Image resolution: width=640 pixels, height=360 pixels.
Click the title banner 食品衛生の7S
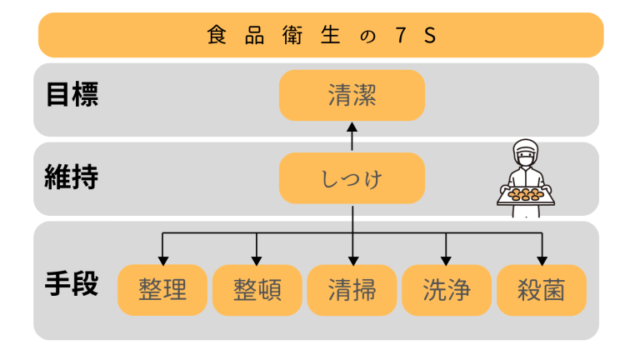320,35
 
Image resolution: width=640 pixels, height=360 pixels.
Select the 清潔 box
352,96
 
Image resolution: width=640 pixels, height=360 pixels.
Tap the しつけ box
352,178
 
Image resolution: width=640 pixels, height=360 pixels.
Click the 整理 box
162,290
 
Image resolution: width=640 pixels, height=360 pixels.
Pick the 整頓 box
257,290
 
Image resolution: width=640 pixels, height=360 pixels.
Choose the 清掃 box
352,290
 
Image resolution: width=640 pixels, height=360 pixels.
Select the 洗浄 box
447,290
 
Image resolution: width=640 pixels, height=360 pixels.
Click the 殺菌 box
542,290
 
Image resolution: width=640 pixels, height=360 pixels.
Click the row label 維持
72,177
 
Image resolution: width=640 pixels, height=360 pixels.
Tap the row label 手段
72,284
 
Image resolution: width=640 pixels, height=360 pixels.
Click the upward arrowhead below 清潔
352,127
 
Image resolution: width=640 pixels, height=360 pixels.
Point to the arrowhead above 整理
162,259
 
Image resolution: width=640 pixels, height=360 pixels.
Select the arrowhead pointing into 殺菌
542,259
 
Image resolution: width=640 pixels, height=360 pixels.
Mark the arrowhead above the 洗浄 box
447,259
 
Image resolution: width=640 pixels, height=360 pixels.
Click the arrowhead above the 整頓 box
257,259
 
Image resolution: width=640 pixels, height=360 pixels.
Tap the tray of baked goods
525,196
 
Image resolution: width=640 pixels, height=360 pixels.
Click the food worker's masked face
525,157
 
